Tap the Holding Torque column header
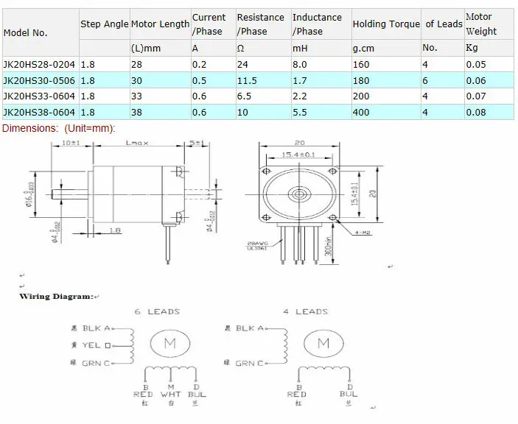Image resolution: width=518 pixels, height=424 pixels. pos(385,24)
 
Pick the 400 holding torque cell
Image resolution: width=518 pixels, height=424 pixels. pos(361,113)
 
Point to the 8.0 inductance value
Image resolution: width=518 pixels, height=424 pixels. pos(299,65)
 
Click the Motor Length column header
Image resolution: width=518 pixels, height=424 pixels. pos(160,24)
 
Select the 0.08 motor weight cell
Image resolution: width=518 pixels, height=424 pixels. pos(476,113)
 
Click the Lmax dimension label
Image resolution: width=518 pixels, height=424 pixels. pos(138,142)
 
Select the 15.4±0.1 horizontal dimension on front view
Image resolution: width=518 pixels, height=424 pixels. pos(299,155)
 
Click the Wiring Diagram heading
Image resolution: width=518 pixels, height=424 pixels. pos(57,297)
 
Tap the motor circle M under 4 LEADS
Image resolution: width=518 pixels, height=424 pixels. pos(323,343)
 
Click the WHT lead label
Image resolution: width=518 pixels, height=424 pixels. pos(172,395)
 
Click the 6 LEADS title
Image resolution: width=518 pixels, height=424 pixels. pos(157,312)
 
